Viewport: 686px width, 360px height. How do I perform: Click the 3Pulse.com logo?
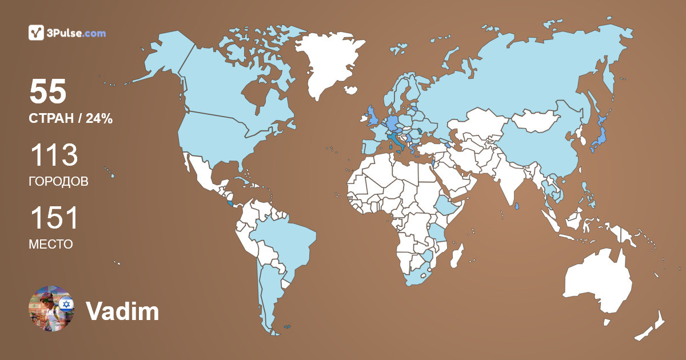(67, 33)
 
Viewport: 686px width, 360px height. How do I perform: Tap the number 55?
(48, 91)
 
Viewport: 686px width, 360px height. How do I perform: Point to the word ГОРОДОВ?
(58, 182)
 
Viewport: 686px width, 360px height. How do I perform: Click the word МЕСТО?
(50, 244)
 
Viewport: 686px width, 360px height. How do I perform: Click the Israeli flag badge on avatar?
(67, 304)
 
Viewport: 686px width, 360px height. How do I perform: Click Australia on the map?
(597, 283)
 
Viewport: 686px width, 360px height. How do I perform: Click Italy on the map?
(394, 141)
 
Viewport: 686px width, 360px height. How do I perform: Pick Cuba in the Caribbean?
(243, 179)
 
